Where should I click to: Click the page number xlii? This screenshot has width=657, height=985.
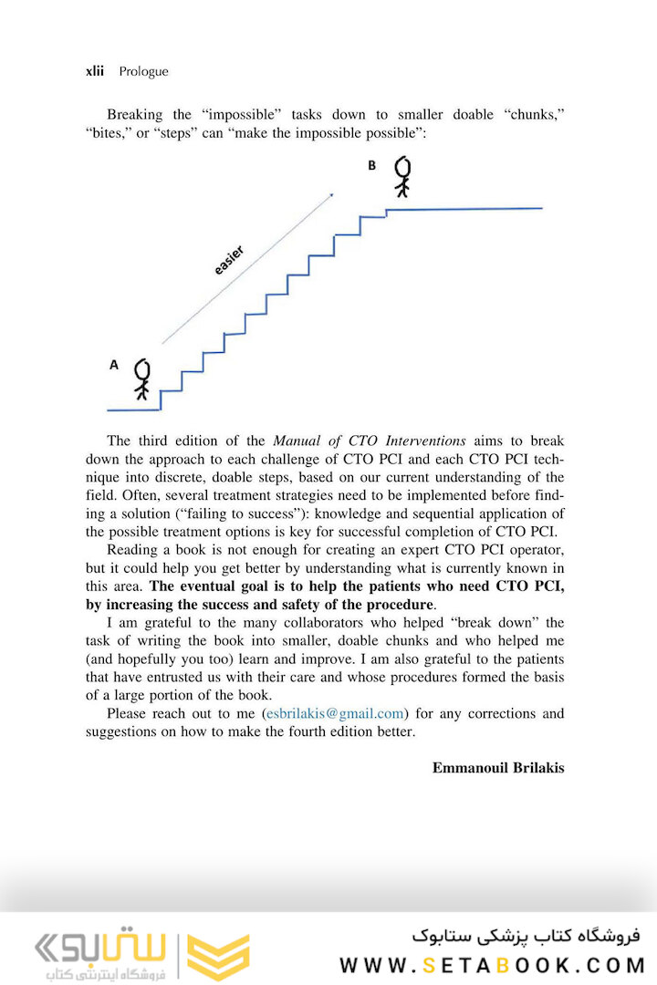(x=94, y=71)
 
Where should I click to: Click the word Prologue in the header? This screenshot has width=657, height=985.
(x=143, y=71)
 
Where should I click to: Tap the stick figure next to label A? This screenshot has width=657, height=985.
(x=141, y=378)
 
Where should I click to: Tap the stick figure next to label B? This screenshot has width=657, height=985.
(x=402, y=176)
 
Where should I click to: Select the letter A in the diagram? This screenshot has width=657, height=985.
(x=113, y=364)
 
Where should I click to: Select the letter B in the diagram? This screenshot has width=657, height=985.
(x=371, y=165)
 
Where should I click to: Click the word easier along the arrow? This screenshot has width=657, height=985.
(x=229, y=260)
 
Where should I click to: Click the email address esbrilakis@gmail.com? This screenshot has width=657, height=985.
(x=334, y=713)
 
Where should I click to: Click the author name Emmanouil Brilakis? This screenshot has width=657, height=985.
(x=498, y=767)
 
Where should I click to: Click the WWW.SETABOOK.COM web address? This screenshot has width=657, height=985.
(x=492, y=964)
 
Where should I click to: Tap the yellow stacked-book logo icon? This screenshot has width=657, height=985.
(x=218, y=958)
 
